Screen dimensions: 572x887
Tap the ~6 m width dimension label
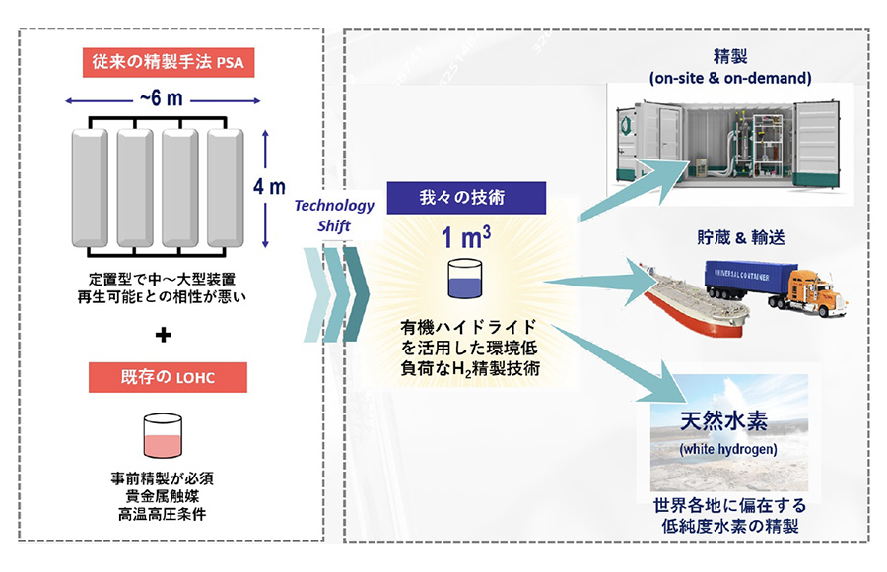tap(163, 99)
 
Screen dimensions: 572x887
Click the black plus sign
tap(163, 335)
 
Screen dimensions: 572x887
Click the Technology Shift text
tap(335, 214)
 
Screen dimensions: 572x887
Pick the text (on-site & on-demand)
tap(730, 76)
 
